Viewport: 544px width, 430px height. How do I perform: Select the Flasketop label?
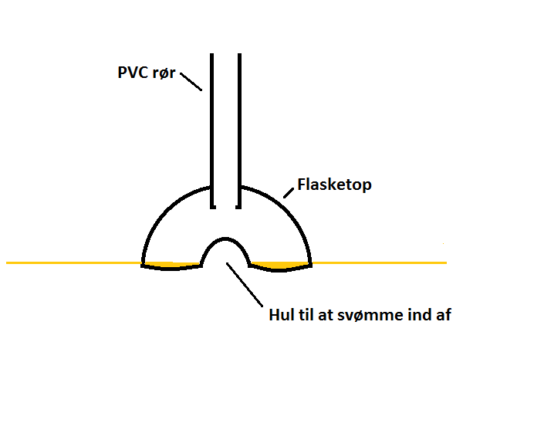pyautogui.click(x=333, y=185)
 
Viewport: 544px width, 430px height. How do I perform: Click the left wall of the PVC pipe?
pyautogui.click(x=212, y=131)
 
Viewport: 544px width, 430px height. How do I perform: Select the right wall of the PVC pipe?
pyautogui.click(x=239, y=131)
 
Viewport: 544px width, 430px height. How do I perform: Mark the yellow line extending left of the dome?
pyautogui.click(x=73, y=263)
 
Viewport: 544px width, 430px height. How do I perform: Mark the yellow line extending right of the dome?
pyautogui.click(x=378, y=263)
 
